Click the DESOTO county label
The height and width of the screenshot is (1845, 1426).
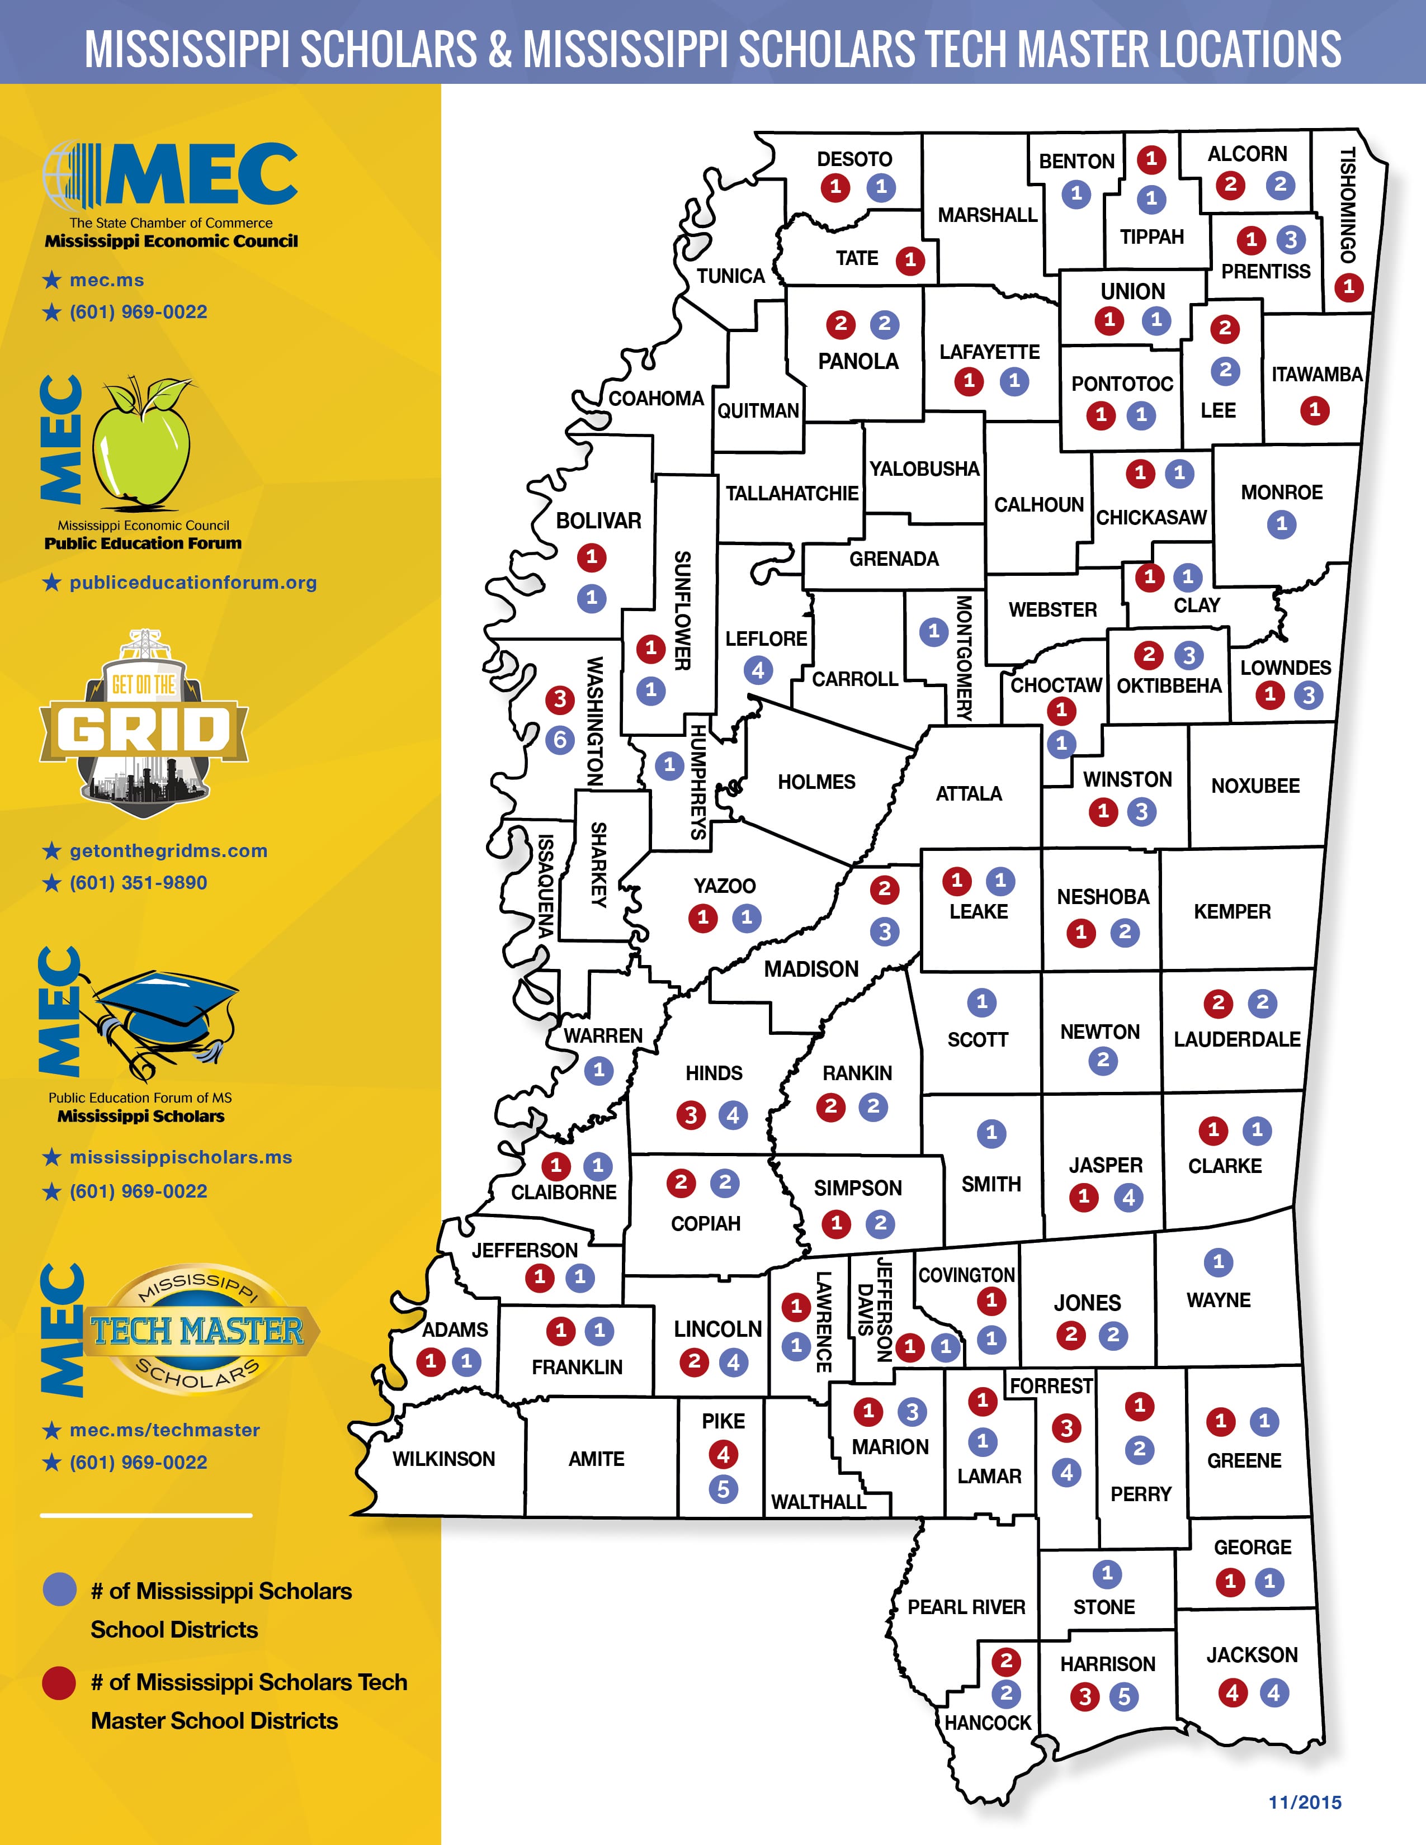pyautogui.click(x=854, y=159)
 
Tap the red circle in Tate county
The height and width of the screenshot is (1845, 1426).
pyautogui.click(x=910, y=260)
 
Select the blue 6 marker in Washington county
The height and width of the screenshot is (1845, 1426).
pyautogui.click(x=559, y=740)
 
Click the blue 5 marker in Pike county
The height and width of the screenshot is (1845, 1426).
pyautogui.click(x=723, y=1489)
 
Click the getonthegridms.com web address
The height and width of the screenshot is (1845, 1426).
pyautogui.click(x=168, y=851)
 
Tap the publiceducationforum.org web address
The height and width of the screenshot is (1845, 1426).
pyautogui.click(x=192, y=582)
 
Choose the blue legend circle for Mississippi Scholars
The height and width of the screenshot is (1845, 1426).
pyautogui.click(x=59, y=1591)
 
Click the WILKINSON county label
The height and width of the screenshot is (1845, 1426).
pyautogui.click(x=443, y=1459)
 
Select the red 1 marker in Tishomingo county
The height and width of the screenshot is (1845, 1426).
pyautogui.click(x=1348, y=287)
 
